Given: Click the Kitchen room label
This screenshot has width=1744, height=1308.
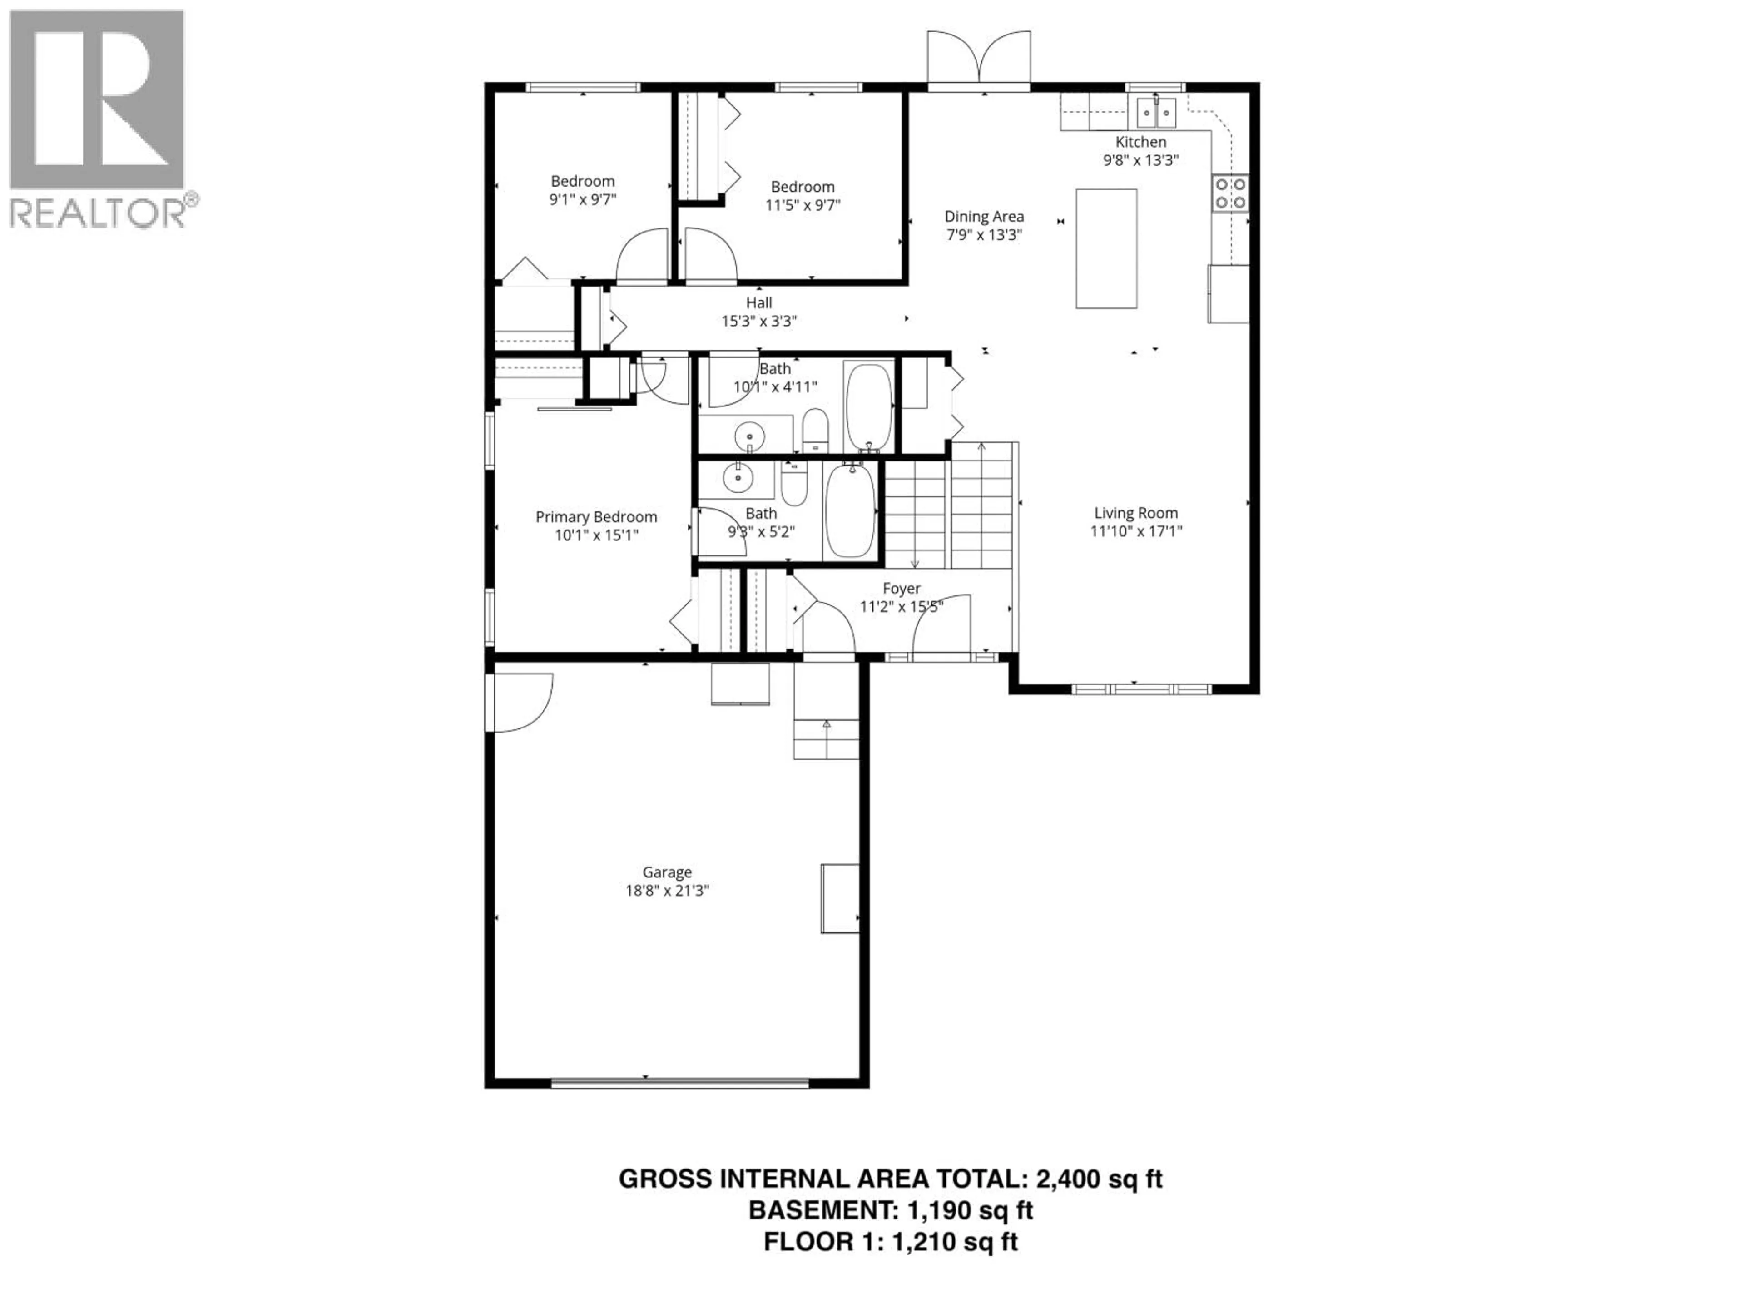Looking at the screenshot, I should [1140, 142].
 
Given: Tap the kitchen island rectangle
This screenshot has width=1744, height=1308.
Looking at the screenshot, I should [1106, 248].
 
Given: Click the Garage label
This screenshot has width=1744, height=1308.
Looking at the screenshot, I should [667, 872].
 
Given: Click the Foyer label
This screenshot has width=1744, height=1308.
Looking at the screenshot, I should [901, 588].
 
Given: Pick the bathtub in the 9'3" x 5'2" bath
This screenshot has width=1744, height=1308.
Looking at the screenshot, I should [851, 511].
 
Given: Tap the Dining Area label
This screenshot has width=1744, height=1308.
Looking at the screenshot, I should [984, 216].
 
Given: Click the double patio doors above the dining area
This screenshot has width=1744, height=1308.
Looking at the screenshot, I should [978, 59].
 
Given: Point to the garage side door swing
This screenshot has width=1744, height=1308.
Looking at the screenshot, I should [520, 702].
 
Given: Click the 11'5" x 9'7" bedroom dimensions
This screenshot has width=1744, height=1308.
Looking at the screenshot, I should [803, 205].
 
